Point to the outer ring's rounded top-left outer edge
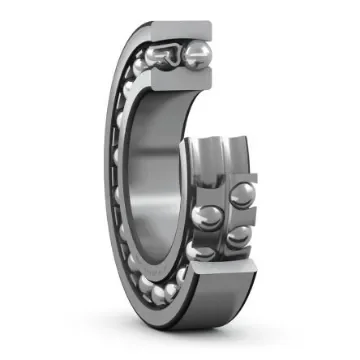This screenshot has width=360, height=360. pos(125,60)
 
